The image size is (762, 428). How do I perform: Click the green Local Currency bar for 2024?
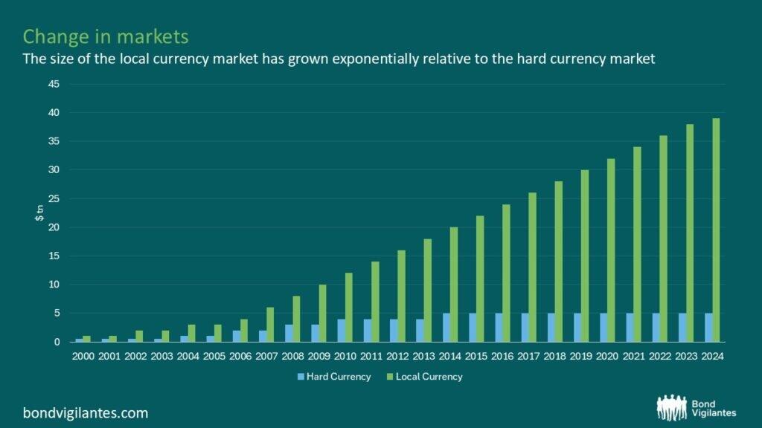point(715,230)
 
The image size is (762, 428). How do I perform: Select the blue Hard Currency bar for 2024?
point(707,328)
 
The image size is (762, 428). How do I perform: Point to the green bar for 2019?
point(584,256)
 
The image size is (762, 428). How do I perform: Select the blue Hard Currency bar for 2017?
point(524,328)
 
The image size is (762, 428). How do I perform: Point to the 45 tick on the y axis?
point(54,84)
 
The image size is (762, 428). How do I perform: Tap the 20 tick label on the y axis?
point(54,227)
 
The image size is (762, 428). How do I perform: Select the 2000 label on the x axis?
point(82,356)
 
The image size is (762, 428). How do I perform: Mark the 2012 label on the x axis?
point(397,356)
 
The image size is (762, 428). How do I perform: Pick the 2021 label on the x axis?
point(632,356)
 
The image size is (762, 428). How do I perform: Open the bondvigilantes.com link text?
point(86,412)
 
